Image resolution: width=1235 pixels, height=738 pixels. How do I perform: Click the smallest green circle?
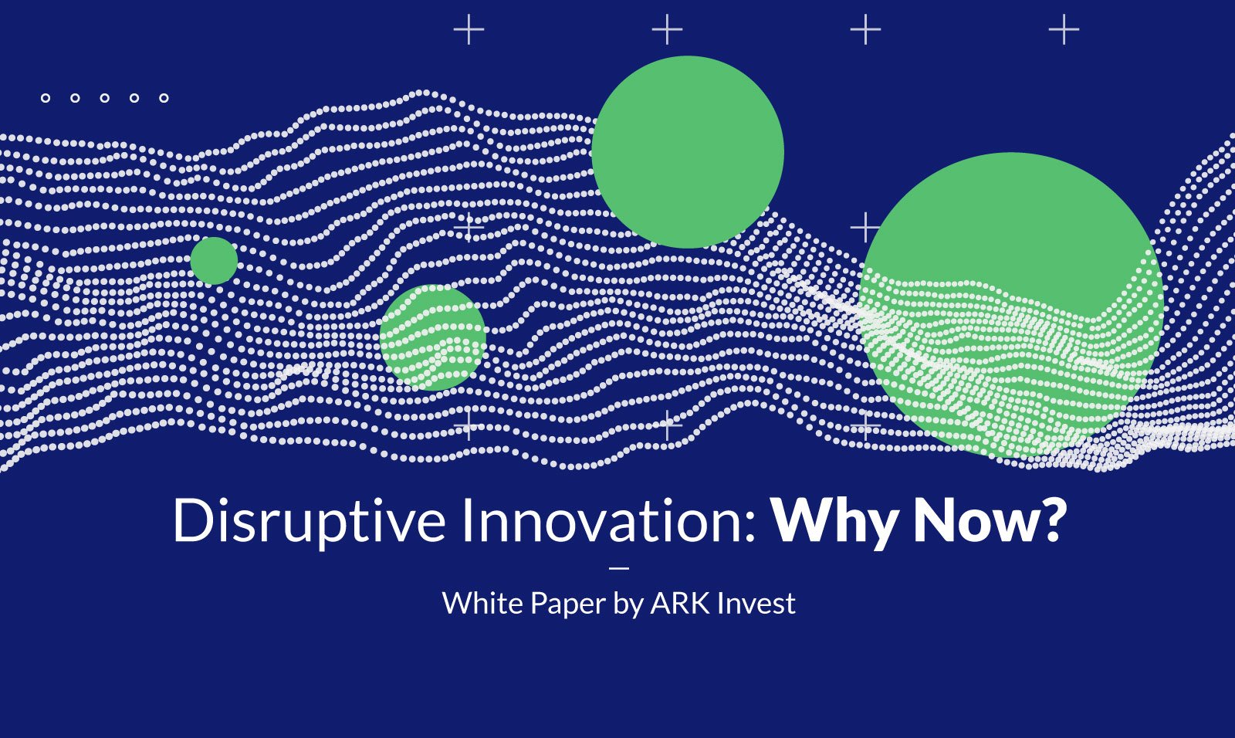coord(214,261)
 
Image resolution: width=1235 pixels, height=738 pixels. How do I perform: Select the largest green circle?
coord(1012,305)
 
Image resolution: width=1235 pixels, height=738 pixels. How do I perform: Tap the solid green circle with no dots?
coord(688,151)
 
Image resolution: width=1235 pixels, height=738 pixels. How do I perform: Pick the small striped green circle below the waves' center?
coord(433,337)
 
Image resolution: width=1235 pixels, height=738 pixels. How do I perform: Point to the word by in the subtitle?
coord(628,604)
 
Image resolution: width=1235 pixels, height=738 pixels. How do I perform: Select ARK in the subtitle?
coord(680,604)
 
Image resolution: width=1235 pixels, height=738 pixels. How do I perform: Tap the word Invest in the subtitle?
coord(756,604)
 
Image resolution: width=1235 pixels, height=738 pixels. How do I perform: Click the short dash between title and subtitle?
coord(620,567)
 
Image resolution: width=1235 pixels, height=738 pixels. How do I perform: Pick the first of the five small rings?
coord(46,98)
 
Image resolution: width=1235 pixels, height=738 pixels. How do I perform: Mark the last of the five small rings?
coord(164,98)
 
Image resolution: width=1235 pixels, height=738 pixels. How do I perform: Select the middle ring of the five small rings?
coord(105,98)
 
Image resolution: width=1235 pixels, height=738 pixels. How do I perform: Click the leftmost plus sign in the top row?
coord(469,29)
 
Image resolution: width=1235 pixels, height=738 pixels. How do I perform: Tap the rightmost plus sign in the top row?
coord(1064,29)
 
